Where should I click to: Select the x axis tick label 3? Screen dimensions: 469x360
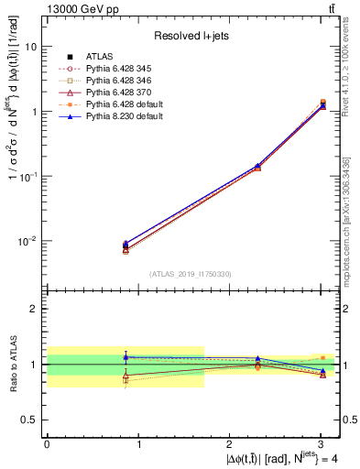322,443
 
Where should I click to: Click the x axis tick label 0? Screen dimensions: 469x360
47,443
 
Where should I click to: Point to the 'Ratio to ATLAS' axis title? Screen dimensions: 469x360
12,365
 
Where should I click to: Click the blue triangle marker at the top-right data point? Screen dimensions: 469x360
322,106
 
